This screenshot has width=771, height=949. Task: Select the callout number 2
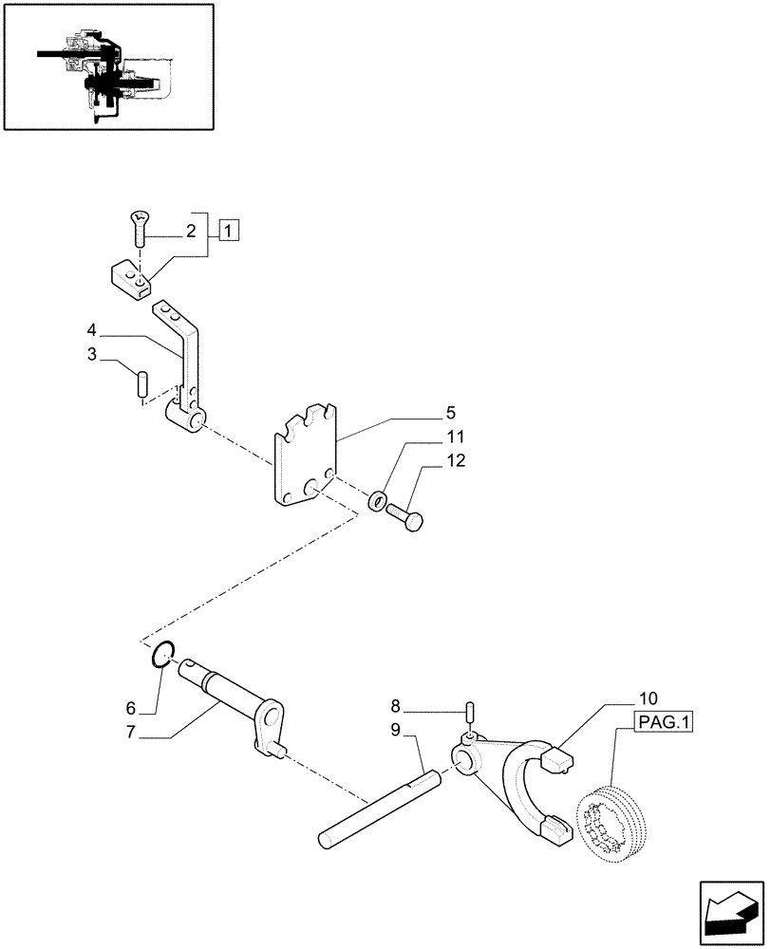pyautogui.click(x=191, y=231)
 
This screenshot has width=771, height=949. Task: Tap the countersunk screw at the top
pyautogui.click(x=139, y=229)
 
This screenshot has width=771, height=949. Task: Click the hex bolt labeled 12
pyautogui.click(x=409, y=516)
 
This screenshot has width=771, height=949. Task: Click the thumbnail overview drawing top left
pyautogui.click(x=108, y=66)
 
